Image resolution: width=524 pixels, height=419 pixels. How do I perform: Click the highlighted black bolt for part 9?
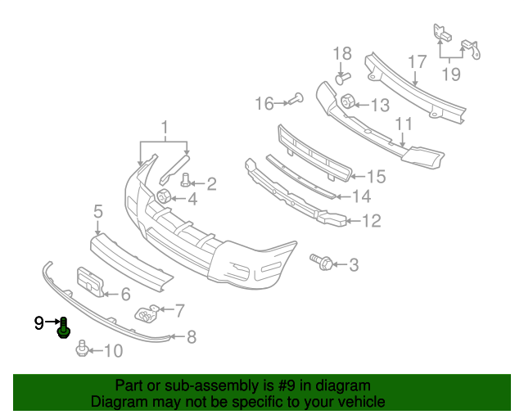(64, 329)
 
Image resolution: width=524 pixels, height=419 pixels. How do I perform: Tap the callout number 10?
(113, 351)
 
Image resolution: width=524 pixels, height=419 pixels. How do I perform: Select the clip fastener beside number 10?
(82, 350)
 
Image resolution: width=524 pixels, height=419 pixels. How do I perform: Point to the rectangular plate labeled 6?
(89, 281)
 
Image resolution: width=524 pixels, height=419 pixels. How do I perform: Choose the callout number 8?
(192, 336)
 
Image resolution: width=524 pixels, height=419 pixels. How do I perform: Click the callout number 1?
(164, 127)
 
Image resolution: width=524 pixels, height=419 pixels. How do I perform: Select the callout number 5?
(97, 211)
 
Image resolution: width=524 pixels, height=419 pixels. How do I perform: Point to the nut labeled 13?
(347, 103)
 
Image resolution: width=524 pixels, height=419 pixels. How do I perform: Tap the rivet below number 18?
(342, 79)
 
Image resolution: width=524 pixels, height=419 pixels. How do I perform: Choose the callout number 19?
(452, 74)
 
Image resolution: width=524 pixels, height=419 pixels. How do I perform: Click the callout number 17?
(416, 61)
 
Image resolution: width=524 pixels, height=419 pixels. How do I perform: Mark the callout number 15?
(376, 176)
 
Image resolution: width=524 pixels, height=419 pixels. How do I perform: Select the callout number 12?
(372, 220)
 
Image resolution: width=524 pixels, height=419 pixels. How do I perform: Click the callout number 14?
(361, 196)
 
